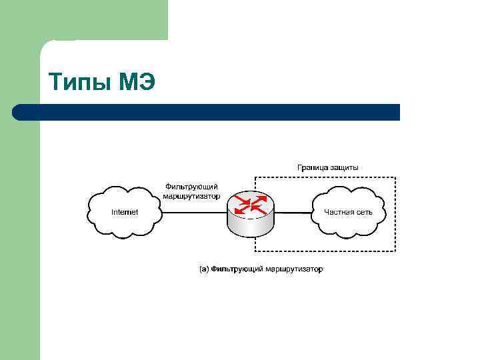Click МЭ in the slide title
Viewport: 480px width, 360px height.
[x=137, y=83]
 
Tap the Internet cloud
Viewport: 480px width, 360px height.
[x=125, y=212]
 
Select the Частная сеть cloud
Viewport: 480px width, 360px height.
[x=348, y=212]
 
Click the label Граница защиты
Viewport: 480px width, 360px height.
[x=327, y=167]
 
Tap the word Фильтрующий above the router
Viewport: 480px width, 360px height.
[x=191, y=187]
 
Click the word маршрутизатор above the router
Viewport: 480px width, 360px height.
[x=191, y=196]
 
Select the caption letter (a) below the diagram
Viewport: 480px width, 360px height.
[x=205, y=269]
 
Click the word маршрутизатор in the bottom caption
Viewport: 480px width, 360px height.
[x=294, y=269]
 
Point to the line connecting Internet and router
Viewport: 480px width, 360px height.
[x=194, y=213]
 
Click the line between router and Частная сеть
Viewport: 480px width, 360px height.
[x=293, y=213]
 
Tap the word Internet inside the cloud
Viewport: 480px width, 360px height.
[x=125, y=212]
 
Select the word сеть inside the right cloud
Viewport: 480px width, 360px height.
[x=364, y=212]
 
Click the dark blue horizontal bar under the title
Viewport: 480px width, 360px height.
[x=207, y=112]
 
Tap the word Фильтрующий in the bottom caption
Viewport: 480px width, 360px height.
[x=237, y=269]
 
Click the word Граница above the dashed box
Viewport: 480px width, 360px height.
[x=312, y=167]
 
